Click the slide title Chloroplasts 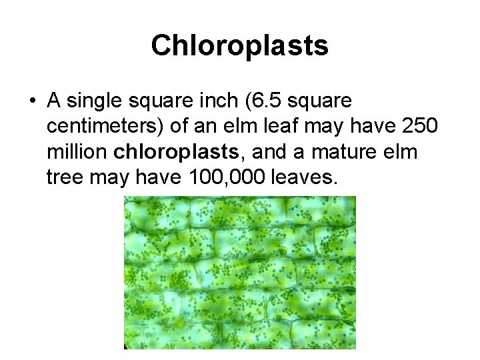pos(239,45)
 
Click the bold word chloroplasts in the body pos(175,153)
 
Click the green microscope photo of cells pos(239,272)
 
